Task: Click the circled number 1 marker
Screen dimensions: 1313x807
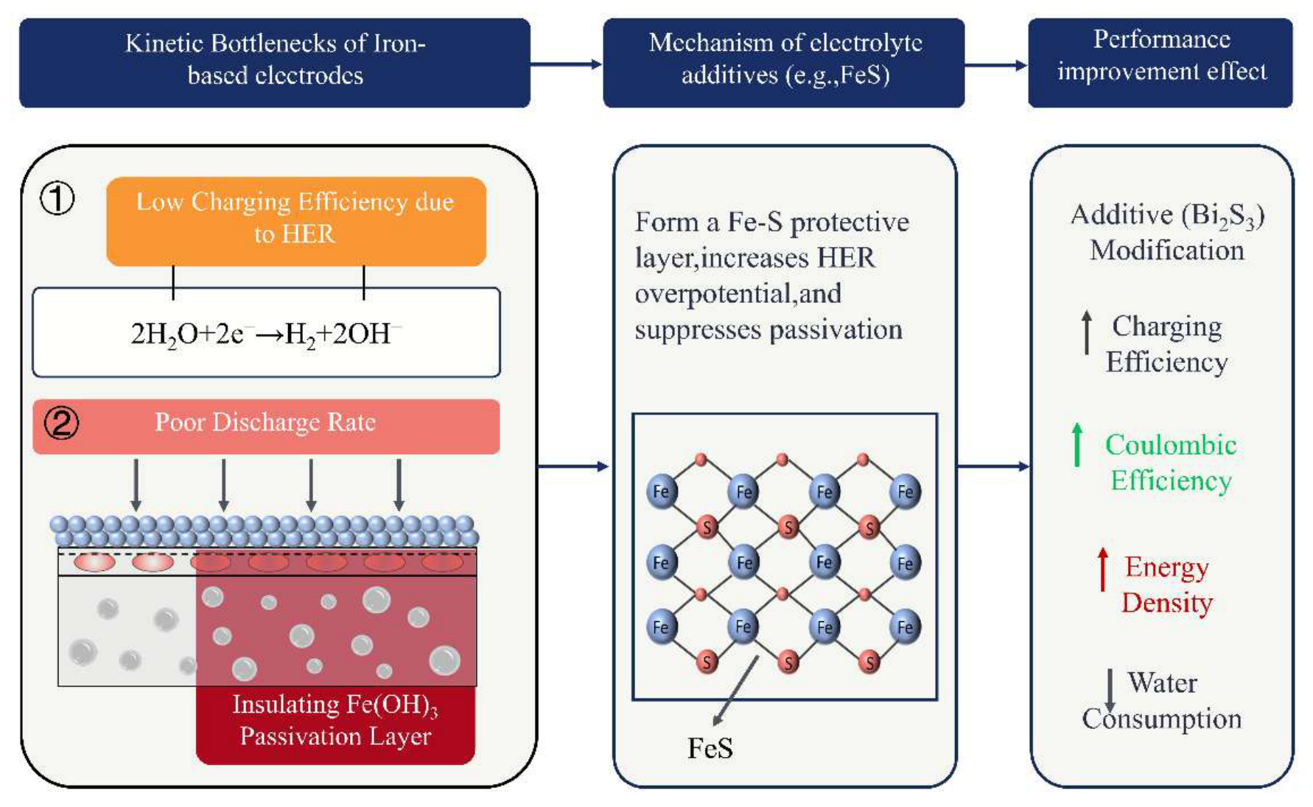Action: (x=57, y=199)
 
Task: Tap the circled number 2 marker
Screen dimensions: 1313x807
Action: (x=62, y=423)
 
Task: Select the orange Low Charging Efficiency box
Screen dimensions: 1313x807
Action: (x=296, y=221)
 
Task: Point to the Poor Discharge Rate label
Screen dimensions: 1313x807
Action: (x=265, y=422)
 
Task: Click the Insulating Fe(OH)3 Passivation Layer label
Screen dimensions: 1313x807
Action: (x=335, y=720)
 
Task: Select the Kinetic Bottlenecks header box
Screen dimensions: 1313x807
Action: (x=275, y=63)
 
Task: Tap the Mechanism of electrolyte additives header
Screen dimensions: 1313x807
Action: (x=784, y=63)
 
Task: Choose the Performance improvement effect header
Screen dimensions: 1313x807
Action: (x=1160, y=63)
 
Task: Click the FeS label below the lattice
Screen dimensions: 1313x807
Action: (x=710, y=748)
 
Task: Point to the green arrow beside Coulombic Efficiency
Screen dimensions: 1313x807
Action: (x=1077, y=444)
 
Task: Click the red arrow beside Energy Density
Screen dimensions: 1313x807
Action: (x=1102, y=569)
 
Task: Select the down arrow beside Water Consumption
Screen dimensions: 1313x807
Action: (x=1110, y=691)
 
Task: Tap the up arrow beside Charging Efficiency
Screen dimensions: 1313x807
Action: (x=1087, y=332)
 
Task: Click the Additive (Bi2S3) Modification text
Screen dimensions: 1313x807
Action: (x=1167, y=233)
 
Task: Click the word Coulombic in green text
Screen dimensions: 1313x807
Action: (x=1171, y=445)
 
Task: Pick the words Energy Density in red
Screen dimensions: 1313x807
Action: (x=1167, y=585)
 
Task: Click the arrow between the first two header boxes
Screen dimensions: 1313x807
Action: (x=567, y=64)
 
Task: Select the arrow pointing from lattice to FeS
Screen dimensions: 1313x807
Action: (x=735, y=691)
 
